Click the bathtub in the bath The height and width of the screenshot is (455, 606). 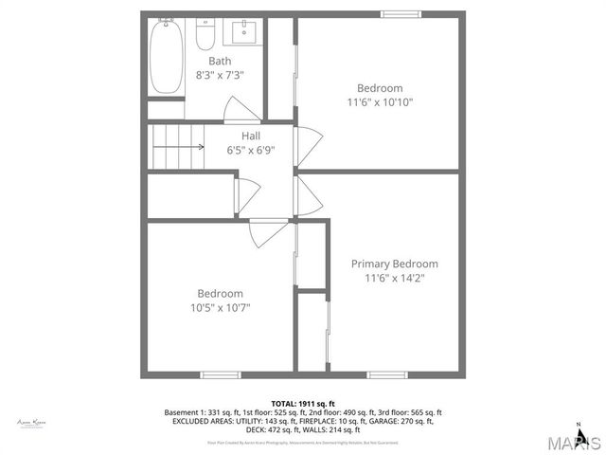point(167,57)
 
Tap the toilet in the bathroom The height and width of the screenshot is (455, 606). point(205,35)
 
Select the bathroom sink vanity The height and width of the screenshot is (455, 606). point(244,33)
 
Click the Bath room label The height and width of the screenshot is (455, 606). point(220,61)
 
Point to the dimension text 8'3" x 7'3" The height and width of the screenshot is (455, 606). point(220,74)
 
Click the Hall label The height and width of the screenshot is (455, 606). point(250,136)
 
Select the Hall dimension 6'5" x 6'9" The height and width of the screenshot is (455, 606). point(250,150)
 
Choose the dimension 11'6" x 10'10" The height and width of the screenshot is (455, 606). point(380,102)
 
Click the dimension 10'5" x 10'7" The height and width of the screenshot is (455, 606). point(220,307)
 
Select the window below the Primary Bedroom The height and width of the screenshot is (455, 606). point(387,374)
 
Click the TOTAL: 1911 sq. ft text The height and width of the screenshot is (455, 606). point(303,403)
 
